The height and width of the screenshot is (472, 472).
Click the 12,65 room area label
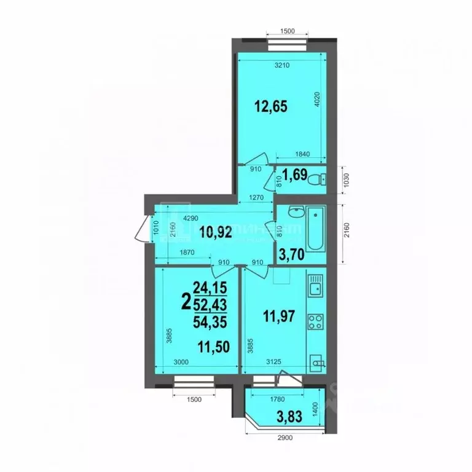(271, 105)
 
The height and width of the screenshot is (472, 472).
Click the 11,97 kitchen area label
(279, 318)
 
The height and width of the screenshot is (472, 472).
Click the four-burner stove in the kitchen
(317, 322)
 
